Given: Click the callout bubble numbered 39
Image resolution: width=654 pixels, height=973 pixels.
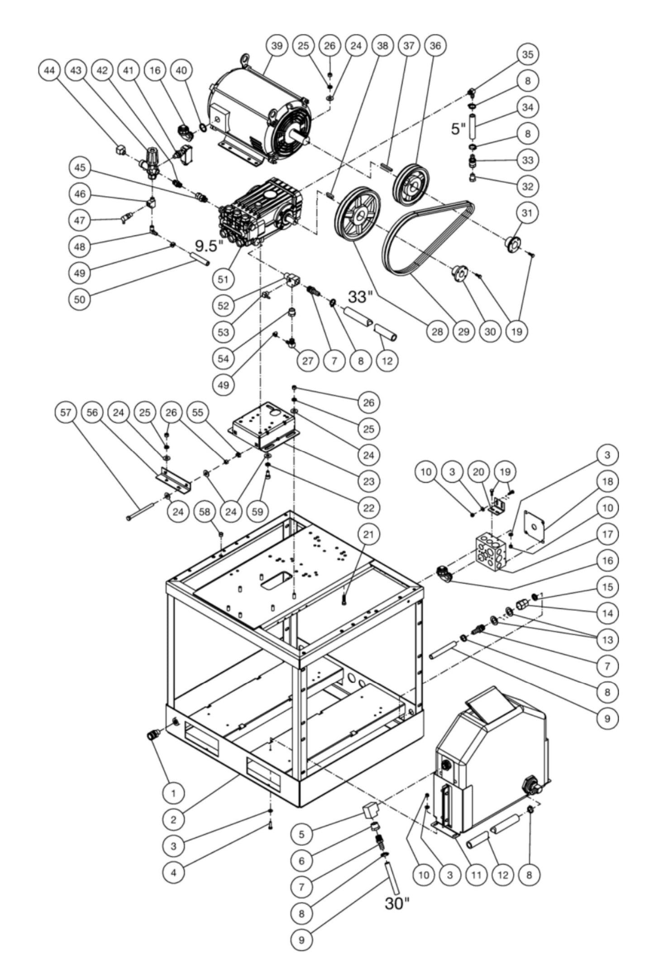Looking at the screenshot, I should tap(277, 46).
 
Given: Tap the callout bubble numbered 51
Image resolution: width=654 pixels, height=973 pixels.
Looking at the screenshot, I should tap(223, 279).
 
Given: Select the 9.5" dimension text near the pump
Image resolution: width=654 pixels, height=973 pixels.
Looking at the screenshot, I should tap(209, 246).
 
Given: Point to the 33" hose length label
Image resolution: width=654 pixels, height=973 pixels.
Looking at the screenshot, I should tap(360, 297).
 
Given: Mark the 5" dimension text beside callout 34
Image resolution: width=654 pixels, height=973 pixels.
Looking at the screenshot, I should tap(458, 129).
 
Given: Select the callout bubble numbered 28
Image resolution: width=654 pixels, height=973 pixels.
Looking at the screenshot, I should tap(437, 332).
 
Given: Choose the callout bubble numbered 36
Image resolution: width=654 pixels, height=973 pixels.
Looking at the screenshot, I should tap(435, 46).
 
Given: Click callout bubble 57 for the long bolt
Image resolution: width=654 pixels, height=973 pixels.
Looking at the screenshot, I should tap(66, 412).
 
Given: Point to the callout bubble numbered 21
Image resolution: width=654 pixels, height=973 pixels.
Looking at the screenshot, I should tap(369, 534).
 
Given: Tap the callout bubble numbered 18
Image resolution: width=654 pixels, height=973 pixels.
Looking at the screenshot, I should tap(607, 481).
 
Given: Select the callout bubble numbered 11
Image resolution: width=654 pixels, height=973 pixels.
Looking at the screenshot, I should tap(476, 875).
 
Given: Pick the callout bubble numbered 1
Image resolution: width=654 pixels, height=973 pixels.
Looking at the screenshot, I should tap(174, 792).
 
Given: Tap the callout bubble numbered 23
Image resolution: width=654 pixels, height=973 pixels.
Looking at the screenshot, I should tap(369, 481).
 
